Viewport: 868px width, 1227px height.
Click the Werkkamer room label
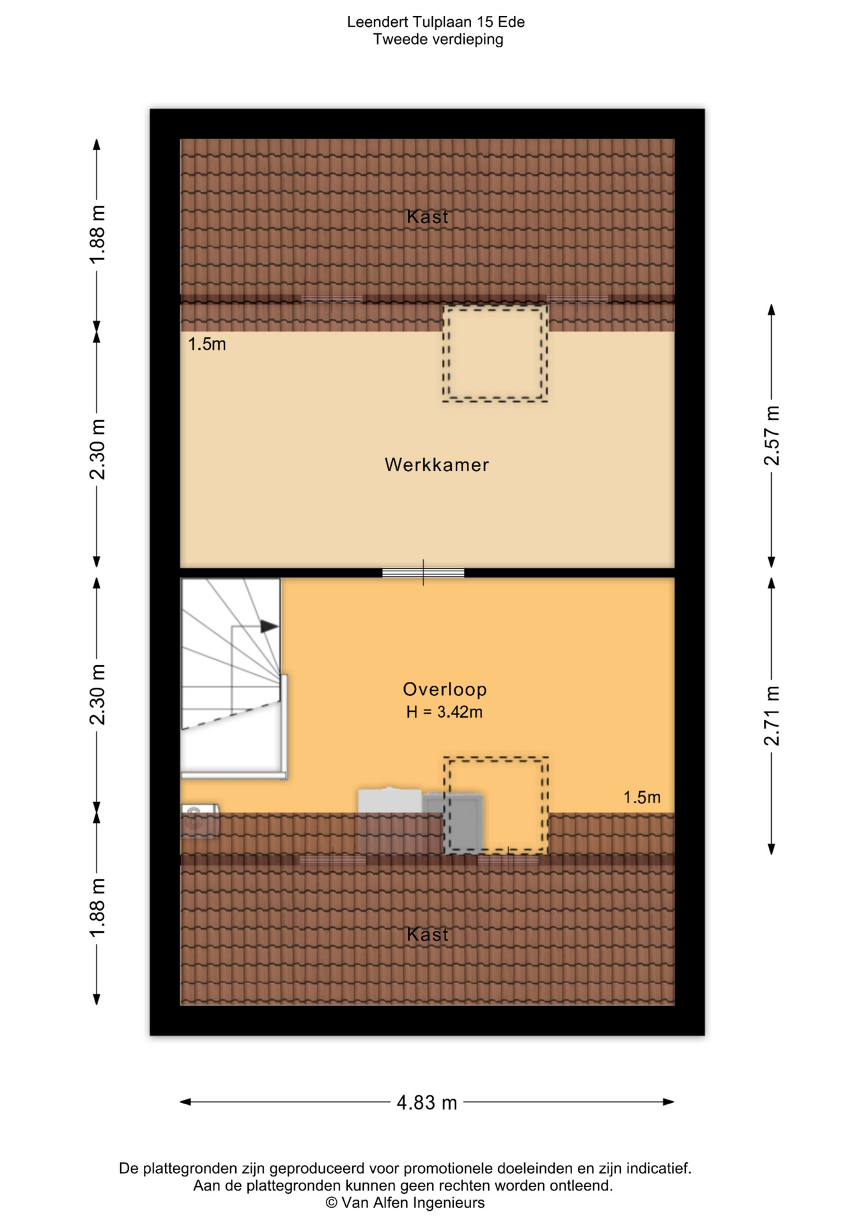437,465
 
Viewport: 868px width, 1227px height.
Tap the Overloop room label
445,689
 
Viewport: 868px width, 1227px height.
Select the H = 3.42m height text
444,712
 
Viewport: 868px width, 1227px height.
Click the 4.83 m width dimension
427,1102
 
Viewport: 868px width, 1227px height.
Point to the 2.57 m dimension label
772,435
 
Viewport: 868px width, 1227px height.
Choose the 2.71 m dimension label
772,716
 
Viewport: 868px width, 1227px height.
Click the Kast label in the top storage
428,217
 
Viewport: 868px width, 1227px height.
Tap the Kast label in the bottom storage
428,935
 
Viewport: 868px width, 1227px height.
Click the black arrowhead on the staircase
269,626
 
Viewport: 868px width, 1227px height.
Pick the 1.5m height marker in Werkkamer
206,344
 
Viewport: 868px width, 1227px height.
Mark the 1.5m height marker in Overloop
642,798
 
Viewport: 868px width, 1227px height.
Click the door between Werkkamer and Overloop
423,573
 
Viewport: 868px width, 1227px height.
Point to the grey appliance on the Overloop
453,823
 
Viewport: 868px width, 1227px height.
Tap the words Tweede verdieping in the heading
438,40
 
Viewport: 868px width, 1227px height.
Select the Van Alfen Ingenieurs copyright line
405,1203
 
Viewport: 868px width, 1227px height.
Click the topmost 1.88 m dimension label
97,235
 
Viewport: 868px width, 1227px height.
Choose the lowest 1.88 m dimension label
97,908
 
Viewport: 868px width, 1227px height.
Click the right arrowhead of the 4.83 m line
669,1102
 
